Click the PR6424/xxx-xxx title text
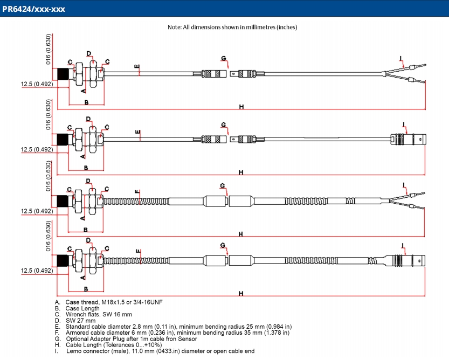pos(34,9)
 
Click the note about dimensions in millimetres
pos(232,27)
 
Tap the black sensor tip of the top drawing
pos(63,75)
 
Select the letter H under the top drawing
pos(241,107)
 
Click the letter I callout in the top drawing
pos(400,58)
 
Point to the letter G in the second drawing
pos(223,124)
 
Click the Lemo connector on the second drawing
pos(407,138)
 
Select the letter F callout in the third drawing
pos(137,192)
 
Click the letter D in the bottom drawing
pos(88,240)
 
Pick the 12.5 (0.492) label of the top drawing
pos(37,84)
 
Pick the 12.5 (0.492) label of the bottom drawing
pos(37,271)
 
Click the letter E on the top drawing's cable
pos(137,67)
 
